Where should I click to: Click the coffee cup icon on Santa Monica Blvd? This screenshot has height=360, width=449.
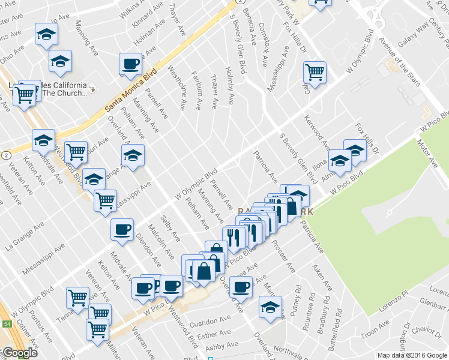pyautogui.click(x=130, y=64)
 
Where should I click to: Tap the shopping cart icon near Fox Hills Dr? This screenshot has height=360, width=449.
pyautogui.click(x=315, y=73)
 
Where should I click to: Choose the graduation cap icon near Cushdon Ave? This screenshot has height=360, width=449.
pyautogui.click(x=271, y=307)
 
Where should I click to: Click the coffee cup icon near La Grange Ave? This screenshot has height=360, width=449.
pyautogui.click(x=122, y=229)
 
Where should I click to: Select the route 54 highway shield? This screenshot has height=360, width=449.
pyautogui.click(x=7, y=323)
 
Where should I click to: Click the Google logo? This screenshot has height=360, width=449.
pyautogui.click(x=19, y=353)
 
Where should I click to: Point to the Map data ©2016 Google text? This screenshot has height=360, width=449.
pyautogui.click(x=412, y=355)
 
